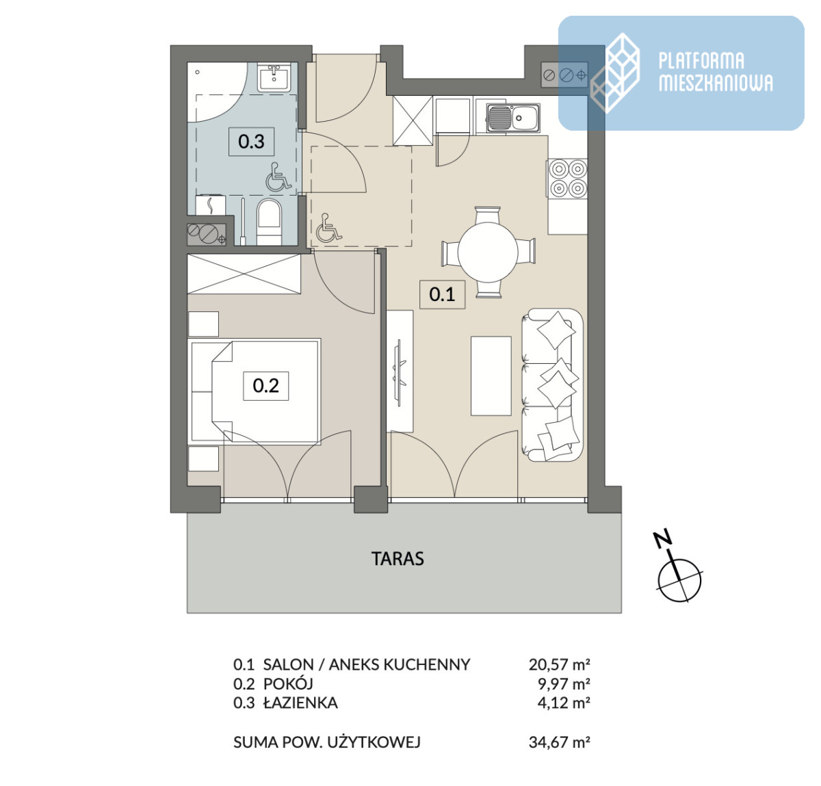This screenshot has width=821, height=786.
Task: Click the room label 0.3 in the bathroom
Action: [x=252, y=142]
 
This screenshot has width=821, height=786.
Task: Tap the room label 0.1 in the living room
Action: [x=442, y=294]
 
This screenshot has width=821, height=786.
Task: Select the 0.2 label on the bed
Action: [x=265, y=386]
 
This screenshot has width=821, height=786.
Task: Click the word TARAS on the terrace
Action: [x=398, y=558]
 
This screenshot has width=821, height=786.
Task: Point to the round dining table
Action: [x=488, y=252]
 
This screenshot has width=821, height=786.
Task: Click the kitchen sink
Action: [x=513, y=118]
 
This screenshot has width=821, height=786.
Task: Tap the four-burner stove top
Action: [x=568, y=178]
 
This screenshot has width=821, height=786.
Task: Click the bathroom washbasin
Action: [x=274, y=77]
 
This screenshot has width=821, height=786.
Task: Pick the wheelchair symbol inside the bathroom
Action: [x=278, y=176]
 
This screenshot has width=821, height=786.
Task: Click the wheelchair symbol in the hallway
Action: [x=329, y=228]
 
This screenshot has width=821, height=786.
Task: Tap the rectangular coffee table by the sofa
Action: [x=491, y=376]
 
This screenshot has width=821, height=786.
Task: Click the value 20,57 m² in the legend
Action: [x=560, y=664]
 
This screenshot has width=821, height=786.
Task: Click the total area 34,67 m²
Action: [x=560, y=742]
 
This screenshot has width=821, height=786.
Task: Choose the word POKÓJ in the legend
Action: [x=288, y=683]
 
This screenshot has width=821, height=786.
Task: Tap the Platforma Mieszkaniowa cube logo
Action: [x=615, y=73]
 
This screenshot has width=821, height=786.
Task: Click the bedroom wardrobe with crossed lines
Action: [x=244, y=274]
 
